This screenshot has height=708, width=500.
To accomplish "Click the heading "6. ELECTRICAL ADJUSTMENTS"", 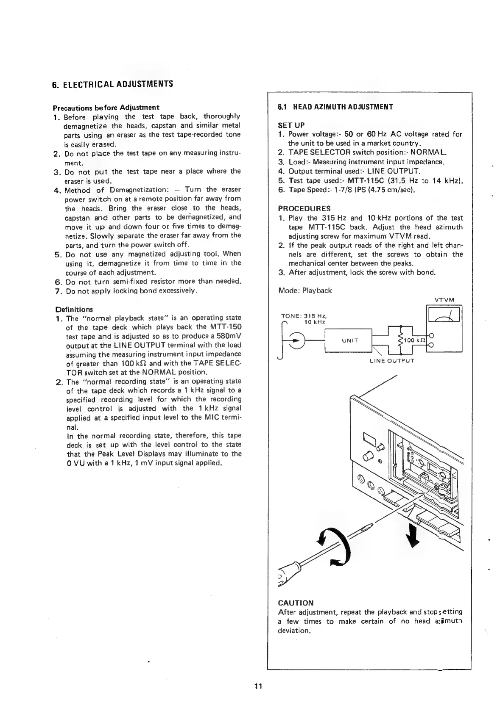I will tap(112, 83).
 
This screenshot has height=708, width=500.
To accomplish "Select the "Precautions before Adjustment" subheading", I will tap(106, 107).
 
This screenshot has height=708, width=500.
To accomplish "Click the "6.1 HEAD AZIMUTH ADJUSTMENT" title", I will tap(335, 107).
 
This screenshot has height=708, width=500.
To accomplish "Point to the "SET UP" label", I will tap(291, 125).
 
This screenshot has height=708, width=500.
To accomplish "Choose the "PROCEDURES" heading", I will tap(304, 208).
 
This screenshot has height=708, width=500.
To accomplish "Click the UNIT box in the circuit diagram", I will tap(350, 340).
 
